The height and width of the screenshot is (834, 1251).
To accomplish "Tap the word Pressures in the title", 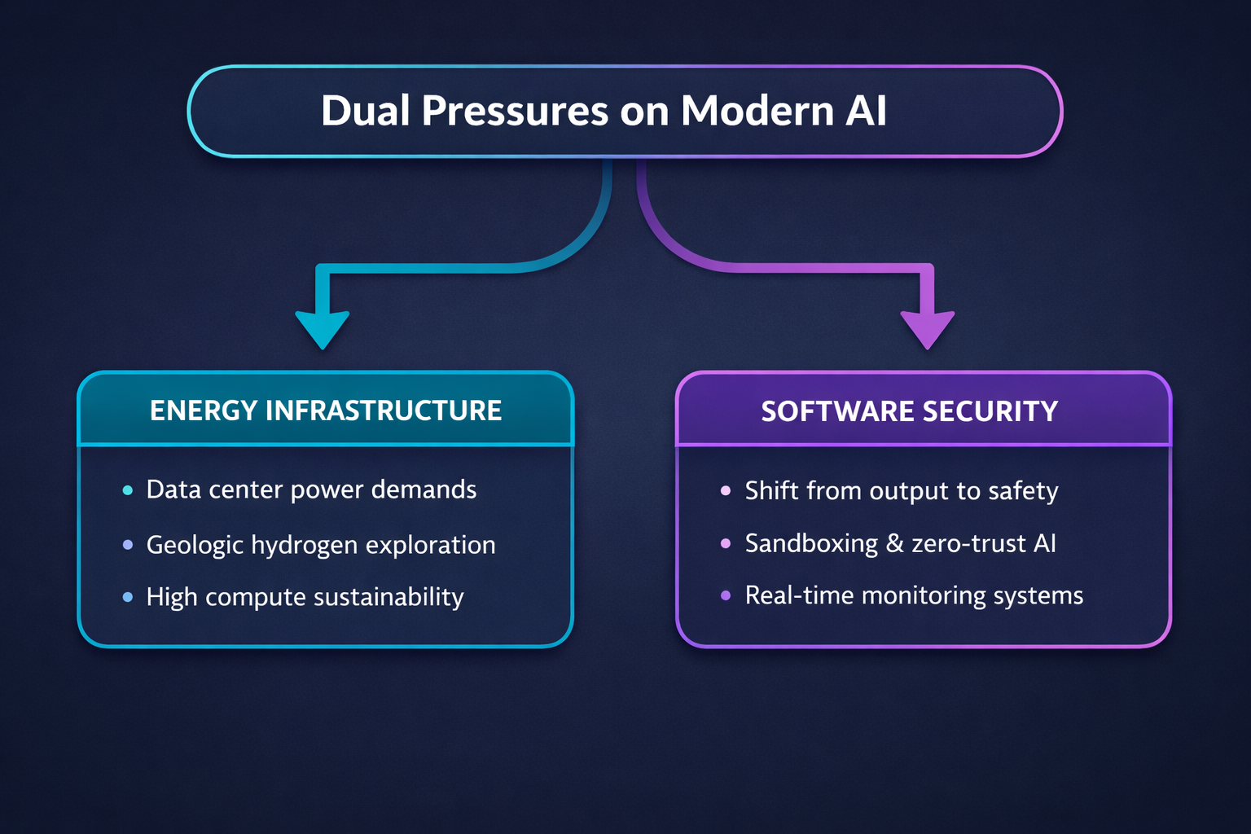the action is click(515, 111).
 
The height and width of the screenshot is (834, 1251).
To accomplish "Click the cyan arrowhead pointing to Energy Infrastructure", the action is click(323, 330).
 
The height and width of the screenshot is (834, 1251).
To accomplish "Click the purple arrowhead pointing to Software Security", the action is click(928, 330).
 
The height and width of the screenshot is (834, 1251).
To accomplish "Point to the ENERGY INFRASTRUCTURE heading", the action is click(326, 410).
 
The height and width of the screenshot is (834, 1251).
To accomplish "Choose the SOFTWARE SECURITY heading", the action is click(909, 411).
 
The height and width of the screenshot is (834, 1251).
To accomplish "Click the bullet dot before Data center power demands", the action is click(128, 490).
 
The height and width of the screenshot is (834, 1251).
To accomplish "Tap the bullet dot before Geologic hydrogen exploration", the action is click(128, 545).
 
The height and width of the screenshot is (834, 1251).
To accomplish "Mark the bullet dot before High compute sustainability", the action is click(128, 597).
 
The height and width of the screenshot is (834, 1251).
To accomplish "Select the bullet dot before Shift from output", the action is click(726, 490).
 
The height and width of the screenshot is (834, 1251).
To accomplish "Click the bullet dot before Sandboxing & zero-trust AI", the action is click(726, 543).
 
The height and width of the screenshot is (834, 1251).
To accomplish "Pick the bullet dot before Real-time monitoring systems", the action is click(726, 595).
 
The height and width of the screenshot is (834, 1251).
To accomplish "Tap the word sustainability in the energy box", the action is click(388, 597).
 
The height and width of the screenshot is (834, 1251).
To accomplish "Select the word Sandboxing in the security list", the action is click(811, 544).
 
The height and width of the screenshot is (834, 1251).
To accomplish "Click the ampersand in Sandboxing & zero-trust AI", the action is click(895, 543).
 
